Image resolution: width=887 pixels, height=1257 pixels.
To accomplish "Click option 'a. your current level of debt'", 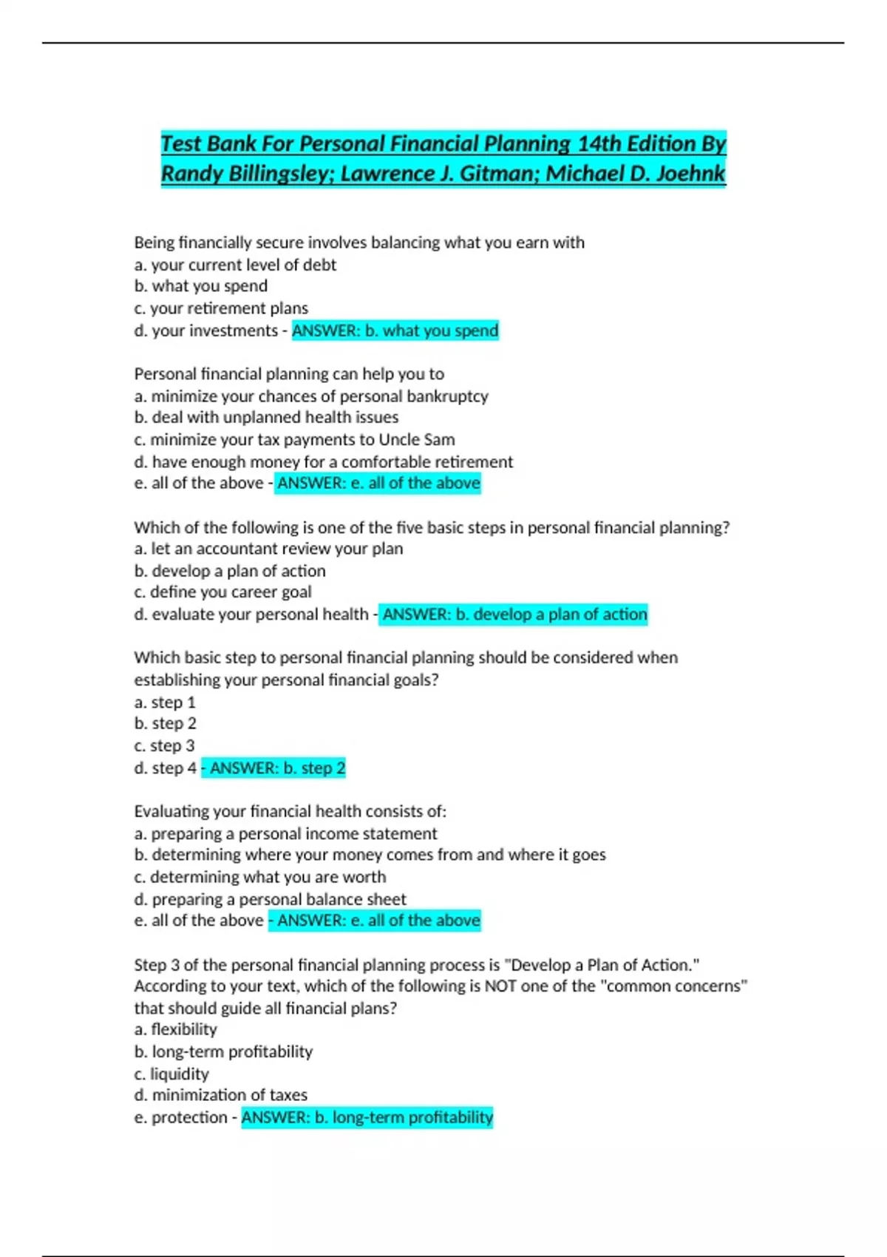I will pos(235,265).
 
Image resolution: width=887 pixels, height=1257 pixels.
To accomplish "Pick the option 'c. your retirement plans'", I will pos(221,308).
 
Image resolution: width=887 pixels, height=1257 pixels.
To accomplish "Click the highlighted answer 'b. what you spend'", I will pos(395,331).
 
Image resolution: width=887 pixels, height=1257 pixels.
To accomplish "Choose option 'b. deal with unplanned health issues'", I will pos(266,418).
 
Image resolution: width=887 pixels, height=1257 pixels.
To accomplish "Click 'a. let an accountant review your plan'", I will pos(268,549).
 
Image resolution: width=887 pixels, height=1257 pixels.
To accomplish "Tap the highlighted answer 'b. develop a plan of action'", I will pos(514,614).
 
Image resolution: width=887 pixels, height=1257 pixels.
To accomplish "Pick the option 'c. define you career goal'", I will pos(222,592).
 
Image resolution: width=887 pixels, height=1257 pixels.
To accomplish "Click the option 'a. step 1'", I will pos(165,702).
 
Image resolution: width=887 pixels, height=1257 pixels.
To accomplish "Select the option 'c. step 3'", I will pos(164,746).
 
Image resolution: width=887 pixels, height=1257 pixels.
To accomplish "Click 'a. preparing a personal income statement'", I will pos(285,834).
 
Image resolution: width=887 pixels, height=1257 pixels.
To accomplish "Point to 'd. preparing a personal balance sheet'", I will pos(270,899).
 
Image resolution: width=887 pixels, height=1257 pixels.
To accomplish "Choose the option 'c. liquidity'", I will pos(171,1074).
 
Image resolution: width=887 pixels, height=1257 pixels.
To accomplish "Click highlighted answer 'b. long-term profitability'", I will pos(367,1117).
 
